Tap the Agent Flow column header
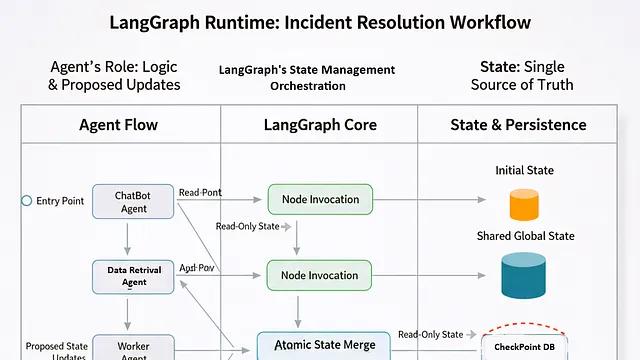click(x=118, y=125)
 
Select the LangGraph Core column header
click(x=319, y=125)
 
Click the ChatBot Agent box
click(x=134, y=201)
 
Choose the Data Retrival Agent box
click(x=134, y=276)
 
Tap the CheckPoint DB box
click(x=524, y=346)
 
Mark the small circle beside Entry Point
click(x=27, y=201)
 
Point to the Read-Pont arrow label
click(x=200, y=191)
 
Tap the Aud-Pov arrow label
click(x=198, y=268)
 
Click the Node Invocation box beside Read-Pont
click(x=320, y=199)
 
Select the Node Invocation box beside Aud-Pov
click(x=320, y=275)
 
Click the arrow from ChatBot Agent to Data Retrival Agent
click(x=127, y=238)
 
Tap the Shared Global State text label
click(x=524, y=236)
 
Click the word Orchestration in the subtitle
click(x=308, y=86)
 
